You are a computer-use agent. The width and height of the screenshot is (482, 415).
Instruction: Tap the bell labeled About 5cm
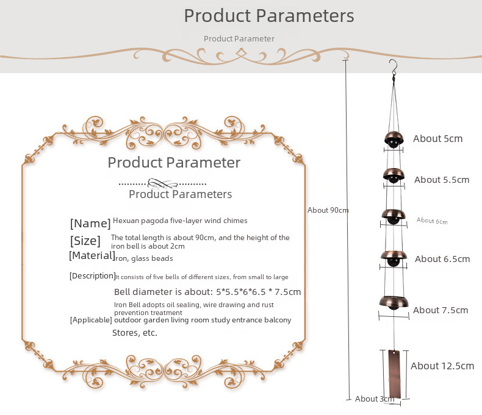[x=394, y=138]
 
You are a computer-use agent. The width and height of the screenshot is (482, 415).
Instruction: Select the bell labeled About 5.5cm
[x=394, y=176]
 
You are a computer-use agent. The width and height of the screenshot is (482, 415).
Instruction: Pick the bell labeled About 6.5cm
[x=394, y=257]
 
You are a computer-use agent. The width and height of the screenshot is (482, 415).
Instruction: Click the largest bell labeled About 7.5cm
[x=394, y=302]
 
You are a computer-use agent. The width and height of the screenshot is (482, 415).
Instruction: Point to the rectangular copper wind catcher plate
[x=394, y=373]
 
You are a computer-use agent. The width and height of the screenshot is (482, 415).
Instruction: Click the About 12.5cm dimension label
[x=442, y=366]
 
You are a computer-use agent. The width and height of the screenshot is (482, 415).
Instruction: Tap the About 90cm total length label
[x=328, y=210]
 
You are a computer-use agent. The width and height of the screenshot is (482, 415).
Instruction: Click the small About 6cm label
[x=432, y=221]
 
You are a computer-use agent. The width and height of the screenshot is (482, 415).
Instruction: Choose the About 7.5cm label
[x=441, y=310]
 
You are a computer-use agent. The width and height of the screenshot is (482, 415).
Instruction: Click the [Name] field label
[x=90, y=223]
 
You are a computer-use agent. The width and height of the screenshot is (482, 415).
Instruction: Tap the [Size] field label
[x=85, y=241]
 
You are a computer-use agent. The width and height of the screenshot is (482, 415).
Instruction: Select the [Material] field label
[x=92, y=255]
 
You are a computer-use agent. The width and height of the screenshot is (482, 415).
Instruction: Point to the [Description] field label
[x=92, y=276]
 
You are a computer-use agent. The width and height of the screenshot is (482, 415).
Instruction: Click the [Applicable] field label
[x=91, y=320]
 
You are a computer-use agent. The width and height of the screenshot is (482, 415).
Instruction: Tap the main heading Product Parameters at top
[x=268, y=15]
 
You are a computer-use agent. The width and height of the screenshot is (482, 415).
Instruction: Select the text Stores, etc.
[x=134, y=333]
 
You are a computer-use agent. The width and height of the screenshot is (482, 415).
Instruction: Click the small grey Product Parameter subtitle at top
[x=239, y=38]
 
